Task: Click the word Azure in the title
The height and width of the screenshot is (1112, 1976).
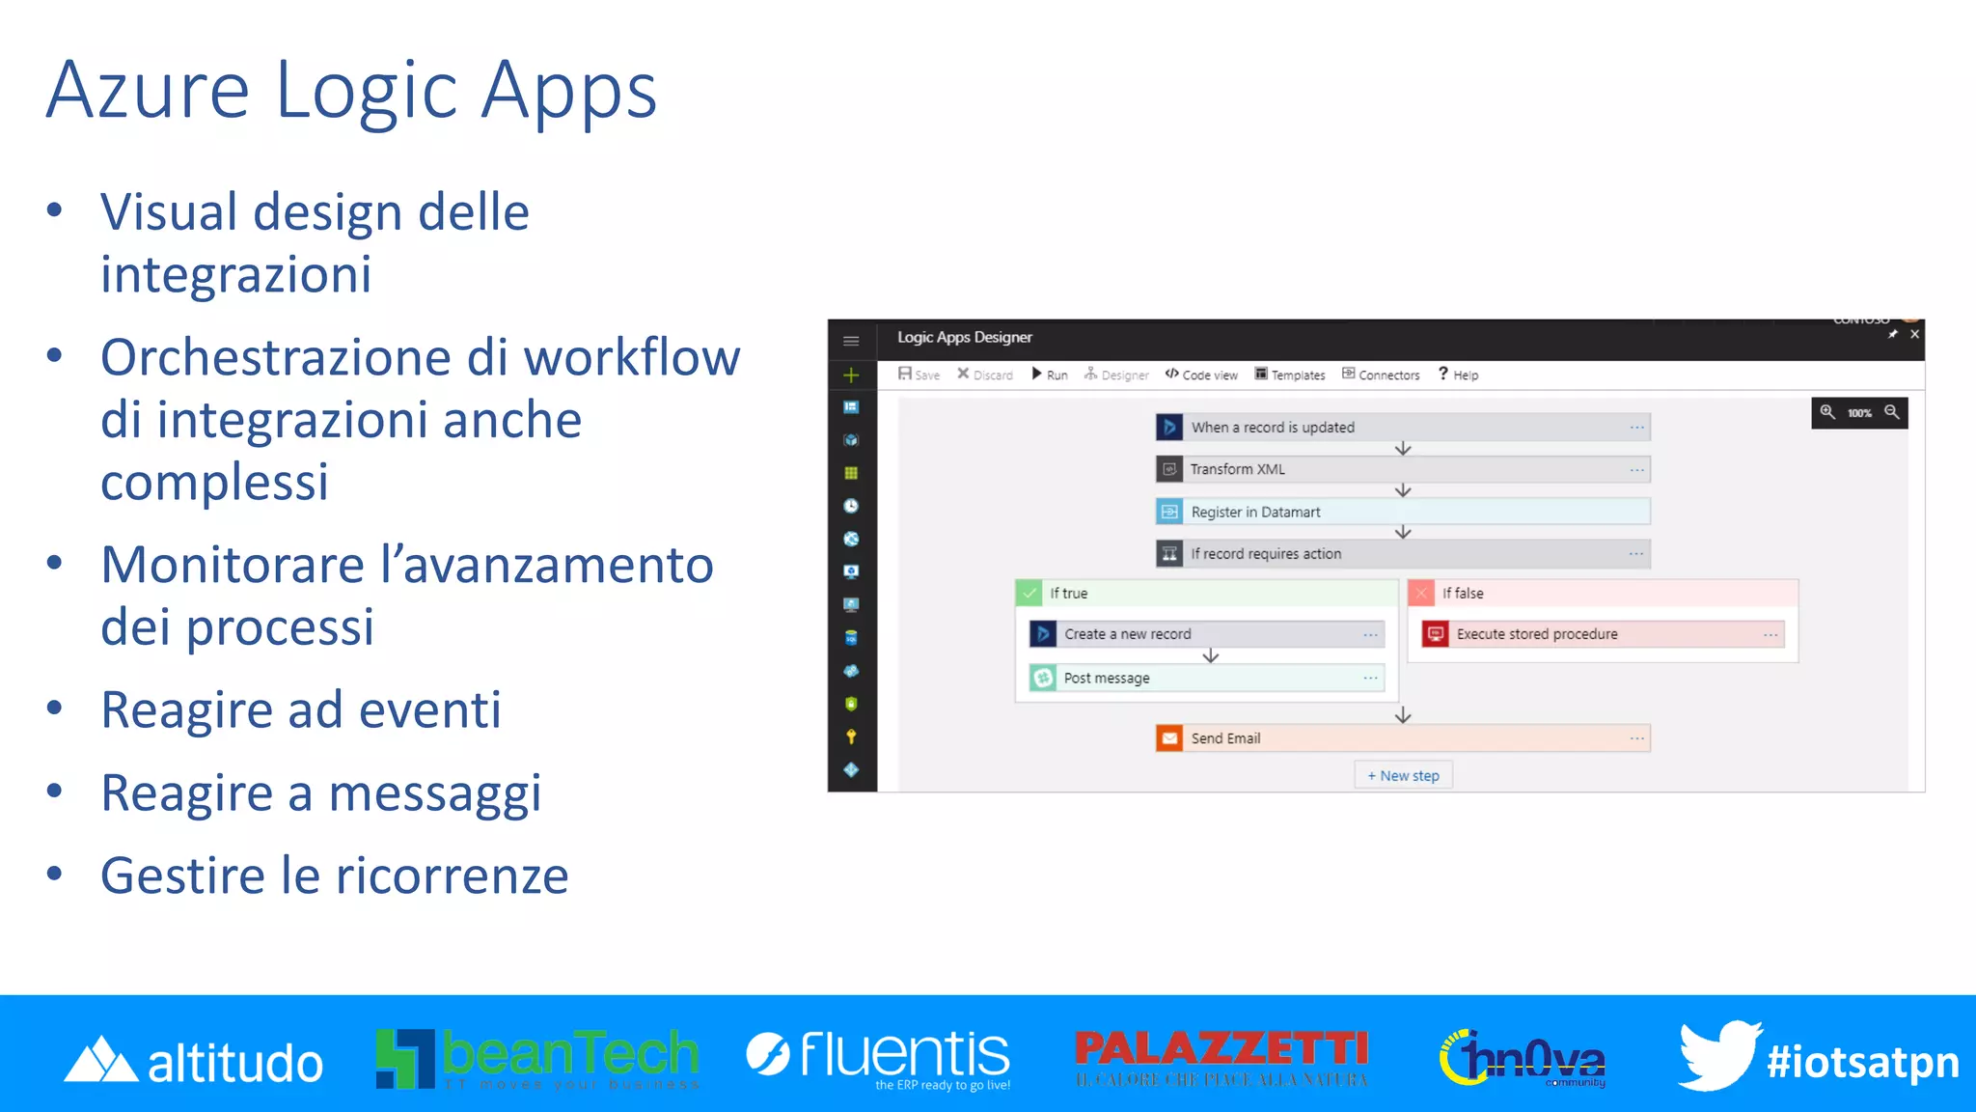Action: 148,91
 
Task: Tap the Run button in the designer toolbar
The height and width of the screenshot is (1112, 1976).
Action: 1050,375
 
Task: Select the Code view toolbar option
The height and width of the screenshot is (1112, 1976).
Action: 1201,375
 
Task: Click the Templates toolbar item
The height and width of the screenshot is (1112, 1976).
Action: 1290,375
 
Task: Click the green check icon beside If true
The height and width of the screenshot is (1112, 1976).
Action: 1029,593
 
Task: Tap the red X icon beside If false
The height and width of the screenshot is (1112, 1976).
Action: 1421,593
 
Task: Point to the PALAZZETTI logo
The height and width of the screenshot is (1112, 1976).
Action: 1221,1056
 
